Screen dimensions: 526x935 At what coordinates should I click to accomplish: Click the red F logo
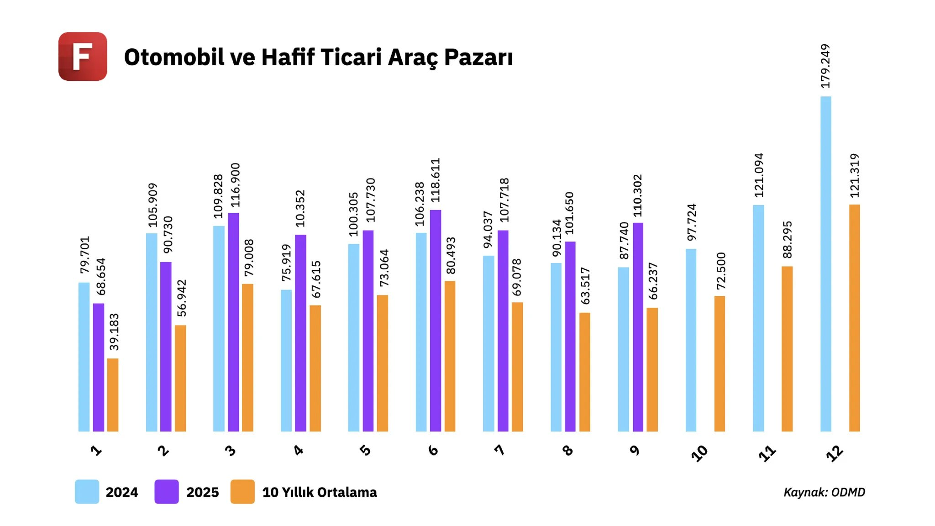83,57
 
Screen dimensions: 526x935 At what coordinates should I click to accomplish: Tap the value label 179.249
825,66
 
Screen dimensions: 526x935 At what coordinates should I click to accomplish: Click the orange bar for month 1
113,395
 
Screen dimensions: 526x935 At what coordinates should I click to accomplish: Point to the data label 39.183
114,332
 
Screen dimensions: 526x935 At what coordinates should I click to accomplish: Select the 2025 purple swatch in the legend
166,492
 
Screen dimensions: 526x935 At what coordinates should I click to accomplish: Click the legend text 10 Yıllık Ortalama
320,492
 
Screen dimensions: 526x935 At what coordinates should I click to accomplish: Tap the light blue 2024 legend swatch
87,492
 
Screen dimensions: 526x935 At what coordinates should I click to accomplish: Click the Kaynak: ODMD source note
824,492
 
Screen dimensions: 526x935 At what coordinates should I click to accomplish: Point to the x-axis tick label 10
699,453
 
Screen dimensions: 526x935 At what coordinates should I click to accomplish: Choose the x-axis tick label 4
299,451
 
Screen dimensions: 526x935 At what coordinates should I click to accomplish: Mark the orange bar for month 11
787,349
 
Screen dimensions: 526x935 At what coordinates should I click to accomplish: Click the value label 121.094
759,175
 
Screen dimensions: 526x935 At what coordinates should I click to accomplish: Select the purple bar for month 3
233,322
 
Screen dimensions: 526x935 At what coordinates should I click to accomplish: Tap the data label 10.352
300,209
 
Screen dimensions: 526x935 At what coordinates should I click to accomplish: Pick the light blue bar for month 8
556,347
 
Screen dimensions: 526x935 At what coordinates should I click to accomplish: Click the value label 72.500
721,271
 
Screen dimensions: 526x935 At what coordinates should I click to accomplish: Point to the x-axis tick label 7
500,451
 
